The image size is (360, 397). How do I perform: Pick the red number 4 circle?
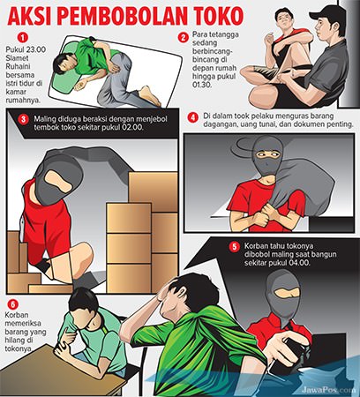point(192,116)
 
